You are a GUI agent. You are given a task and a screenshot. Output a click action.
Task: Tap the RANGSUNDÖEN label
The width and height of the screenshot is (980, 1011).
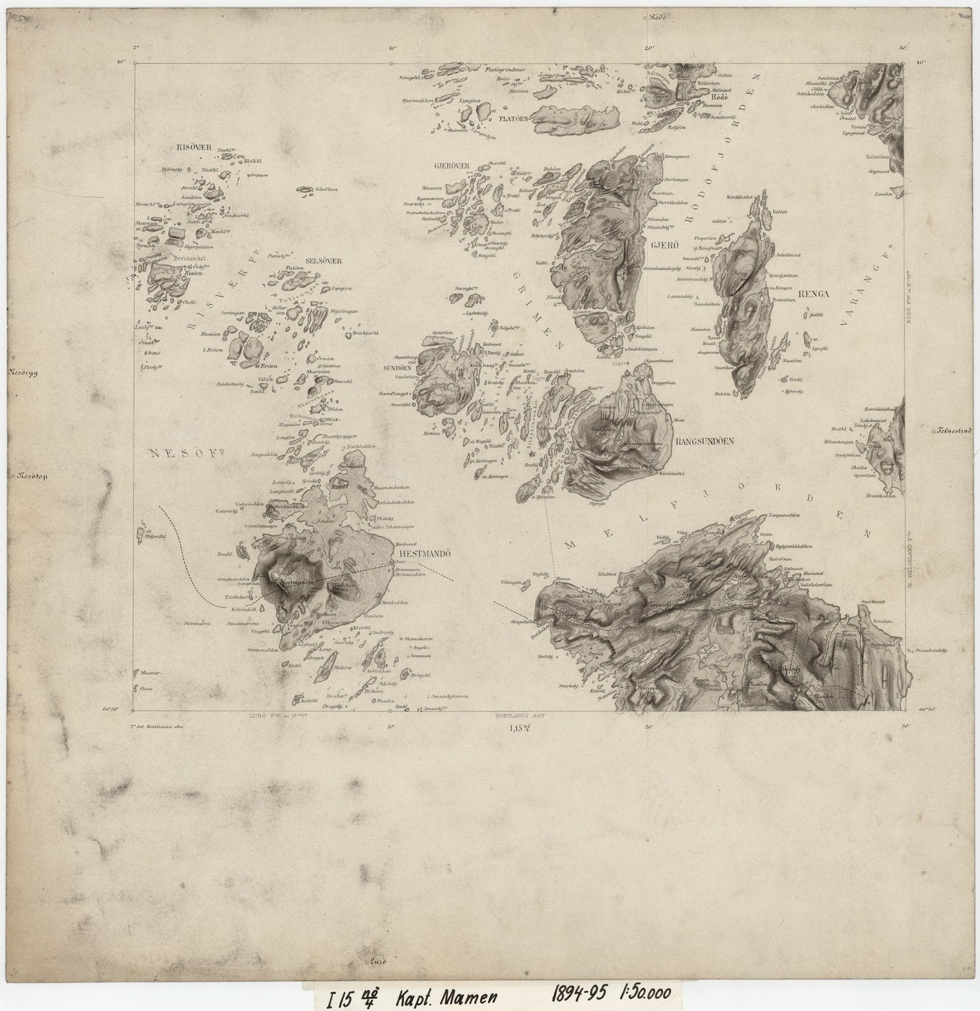click(705, 440)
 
